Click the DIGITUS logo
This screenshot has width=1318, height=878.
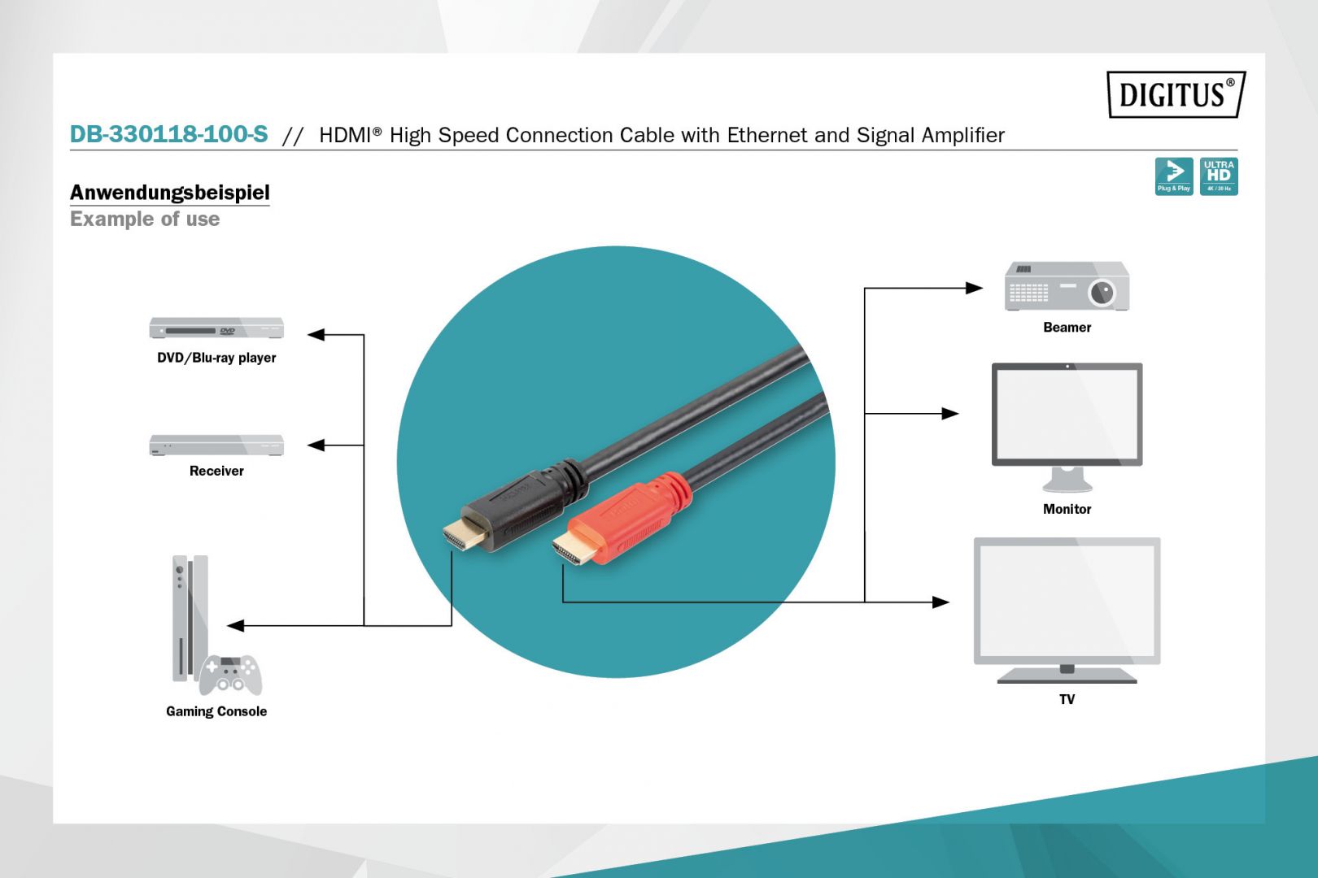coord(1175,94)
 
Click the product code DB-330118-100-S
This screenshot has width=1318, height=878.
coord(168,134)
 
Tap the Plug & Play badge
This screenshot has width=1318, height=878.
coord(1173,176)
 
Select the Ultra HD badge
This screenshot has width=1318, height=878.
coord(1218,176)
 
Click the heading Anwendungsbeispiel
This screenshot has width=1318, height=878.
coord(169,193)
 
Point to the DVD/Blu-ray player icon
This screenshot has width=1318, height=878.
coord(216,328)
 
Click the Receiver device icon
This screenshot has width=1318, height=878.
coord(216,445)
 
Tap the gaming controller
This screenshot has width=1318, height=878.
coord(230,674)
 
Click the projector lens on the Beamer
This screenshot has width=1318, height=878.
coord(1102,292)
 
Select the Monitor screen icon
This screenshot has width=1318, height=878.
coord(1067,416)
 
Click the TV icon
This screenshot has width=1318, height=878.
coord(1067,606)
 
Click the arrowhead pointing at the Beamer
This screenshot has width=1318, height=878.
coord(973,288)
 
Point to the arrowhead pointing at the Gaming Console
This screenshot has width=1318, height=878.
coord(236,626)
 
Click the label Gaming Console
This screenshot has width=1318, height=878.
coord(216,711)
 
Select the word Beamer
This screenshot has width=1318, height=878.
coord(1067,328)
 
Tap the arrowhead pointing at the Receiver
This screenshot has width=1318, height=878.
coord(316,446)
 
